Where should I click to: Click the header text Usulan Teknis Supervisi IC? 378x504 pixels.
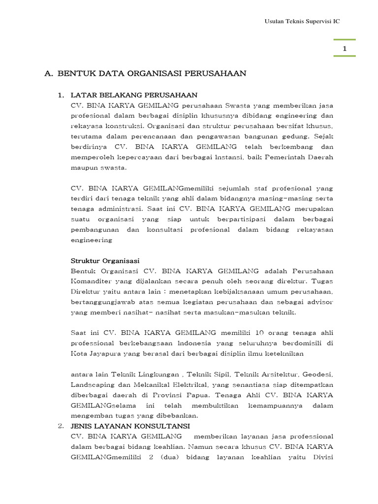(302, 22)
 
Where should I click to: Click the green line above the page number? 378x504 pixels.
(345, 40)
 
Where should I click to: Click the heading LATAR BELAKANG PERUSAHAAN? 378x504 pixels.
(134, 95)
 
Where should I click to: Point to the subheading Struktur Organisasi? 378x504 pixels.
(105, 260)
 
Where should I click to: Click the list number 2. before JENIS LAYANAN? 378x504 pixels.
(61, 426)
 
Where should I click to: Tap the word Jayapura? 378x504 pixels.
(104, 353)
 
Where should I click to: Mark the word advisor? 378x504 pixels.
(320, 302)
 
